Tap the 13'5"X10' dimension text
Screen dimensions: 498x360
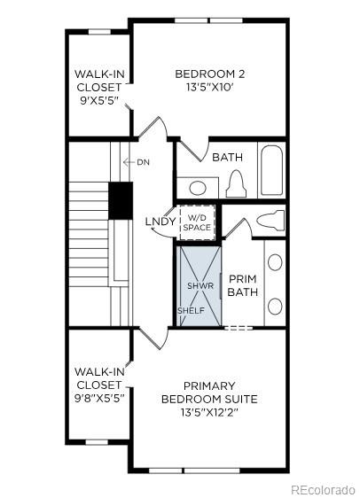[x=208, y=87]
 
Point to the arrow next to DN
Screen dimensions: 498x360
[x=129, y=162]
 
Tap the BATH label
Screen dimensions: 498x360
[x=227, y=157]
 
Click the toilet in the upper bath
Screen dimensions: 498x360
[x=236, y=185]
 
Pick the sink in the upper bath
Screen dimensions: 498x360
[x=199, y=187]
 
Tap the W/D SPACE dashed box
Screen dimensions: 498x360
[x=197, y=222]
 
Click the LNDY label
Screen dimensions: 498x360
[x=160, y=221]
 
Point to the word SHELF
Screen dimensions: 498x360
[x=191, y=311]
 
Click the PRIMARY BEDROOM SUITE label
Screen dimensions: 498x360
[x=209, y=393]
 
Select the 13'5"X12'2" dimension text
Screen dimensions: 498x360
[x=209, y=412]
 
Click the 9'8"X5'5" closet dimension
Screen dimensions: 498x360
[x=98, y=398]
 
